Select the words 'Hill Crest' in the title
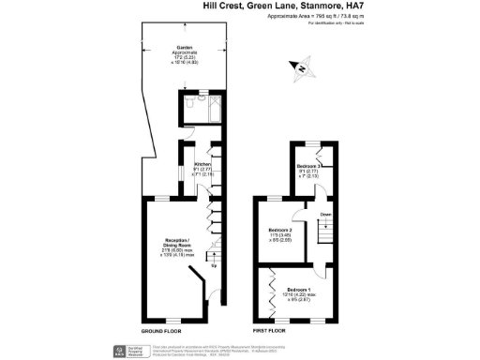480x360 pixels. (221, 5)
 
